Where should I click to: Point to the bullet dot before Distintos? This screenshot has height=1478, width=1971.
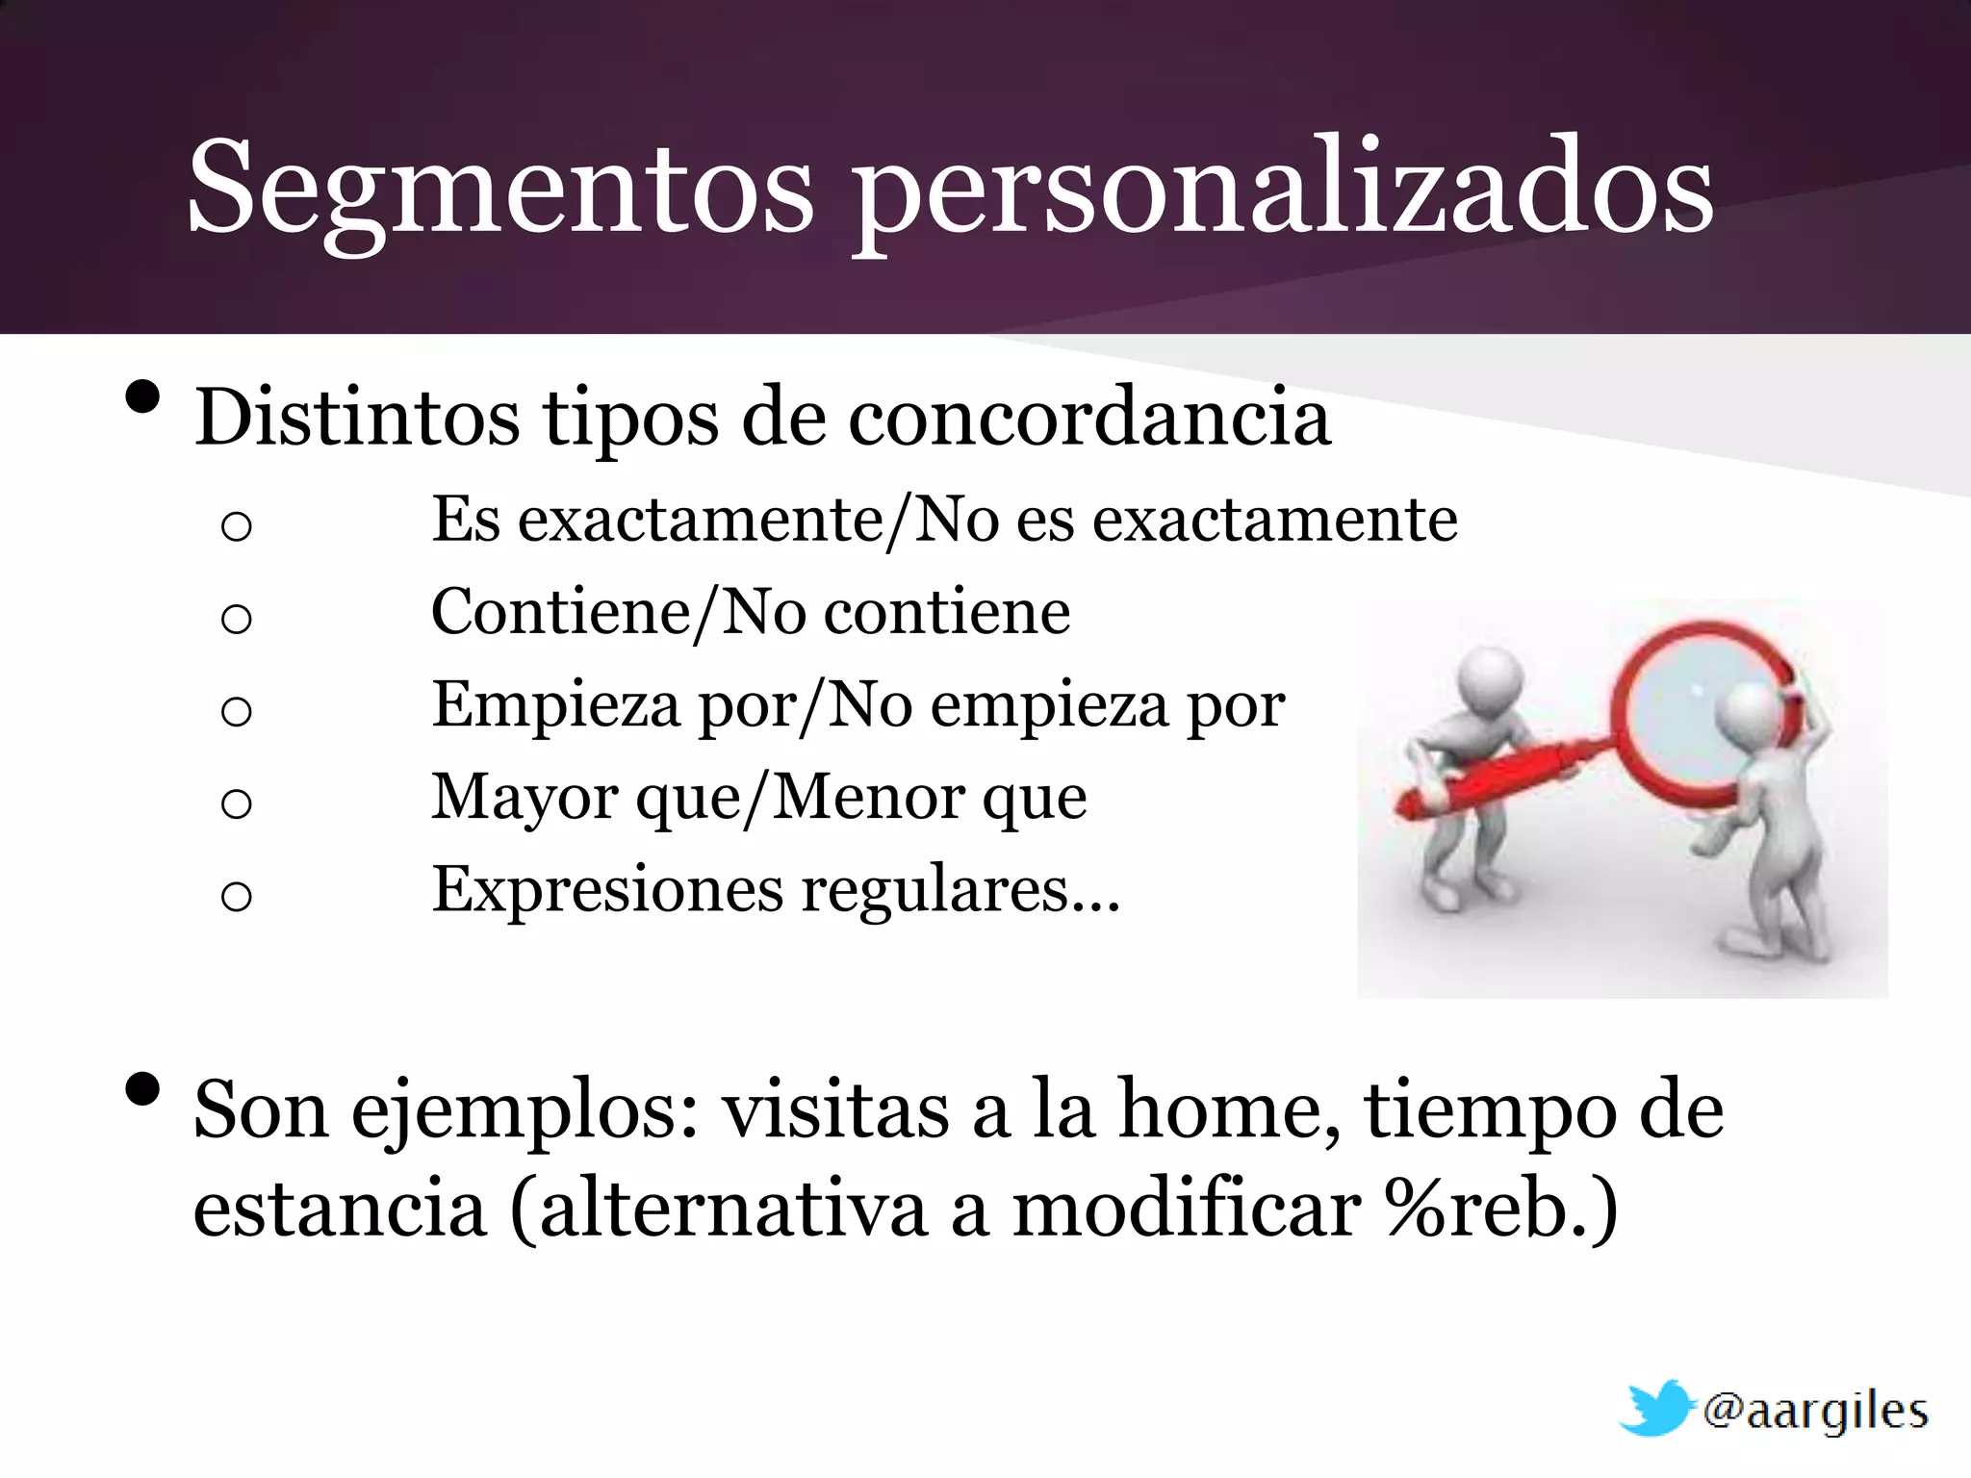pos(142,396)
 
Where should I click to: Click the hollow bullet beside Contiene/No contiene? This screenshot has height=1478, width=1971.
pos(236,618)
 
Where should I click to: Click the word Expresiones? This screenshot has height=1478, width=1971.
pos(607,890)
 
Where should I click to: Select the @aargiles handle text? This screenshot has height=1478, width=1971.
pos(1815,1411)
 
